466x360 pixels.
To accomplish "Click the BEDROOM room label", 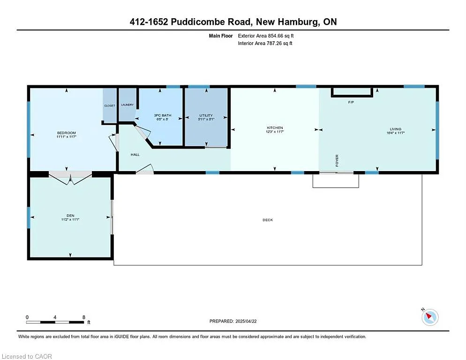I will click(x=66, y=133).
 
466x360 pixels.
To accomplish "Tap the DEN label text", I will click(x=70, y=216).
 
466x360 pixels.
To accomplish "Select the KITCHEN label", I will click(x=275, y=128).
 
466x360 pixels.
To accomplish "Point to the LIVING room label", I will click(x=396, y=129).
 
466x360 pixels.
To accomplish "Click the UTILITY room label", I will click(x=206, y=115).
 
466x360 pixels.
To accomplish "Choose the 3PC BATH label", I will click(x=163, y=115).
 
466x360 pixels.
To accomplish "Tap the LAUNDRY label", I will click(x=127, y=105).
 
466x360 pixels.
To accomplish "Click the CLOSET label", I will click(x=109, y=105).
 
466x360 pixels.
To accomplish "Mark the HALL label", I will click(x=135, y=154).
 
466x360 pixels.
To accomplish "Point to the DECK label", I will click(x=268, y=220).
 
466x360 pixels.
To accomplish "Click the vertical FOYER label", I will click(x=337, y=160).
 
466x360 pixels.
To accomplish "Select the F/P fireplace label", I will click(x=351, y=102).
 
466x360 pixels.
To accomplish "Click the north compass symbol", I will click(x=430, y=317).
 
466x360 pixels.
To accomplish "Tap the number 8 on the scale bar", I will click(x=83, y=317).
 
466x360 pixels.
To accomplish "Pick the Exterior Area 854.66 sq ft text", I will click(x=266, y=36).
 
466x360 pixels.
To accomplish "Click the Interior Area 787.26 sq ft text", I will click(x=265, y=44).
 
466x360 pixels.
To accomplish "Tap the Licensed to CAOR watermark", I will click(x=27, y=356).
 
